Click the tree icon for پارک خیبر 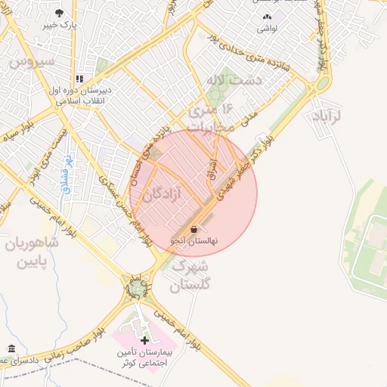coord(60,14)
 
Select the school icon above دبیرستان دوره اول coord(79,79)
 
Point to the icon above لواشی coord(266,17)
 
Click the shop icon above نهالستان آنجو coord(194,229)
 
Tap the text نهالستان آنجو coord(193,240)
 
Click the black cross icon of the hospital coord(145,342)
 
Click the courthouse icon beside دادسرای coord(11,348)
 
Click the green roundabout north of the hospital coord(136,288)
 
